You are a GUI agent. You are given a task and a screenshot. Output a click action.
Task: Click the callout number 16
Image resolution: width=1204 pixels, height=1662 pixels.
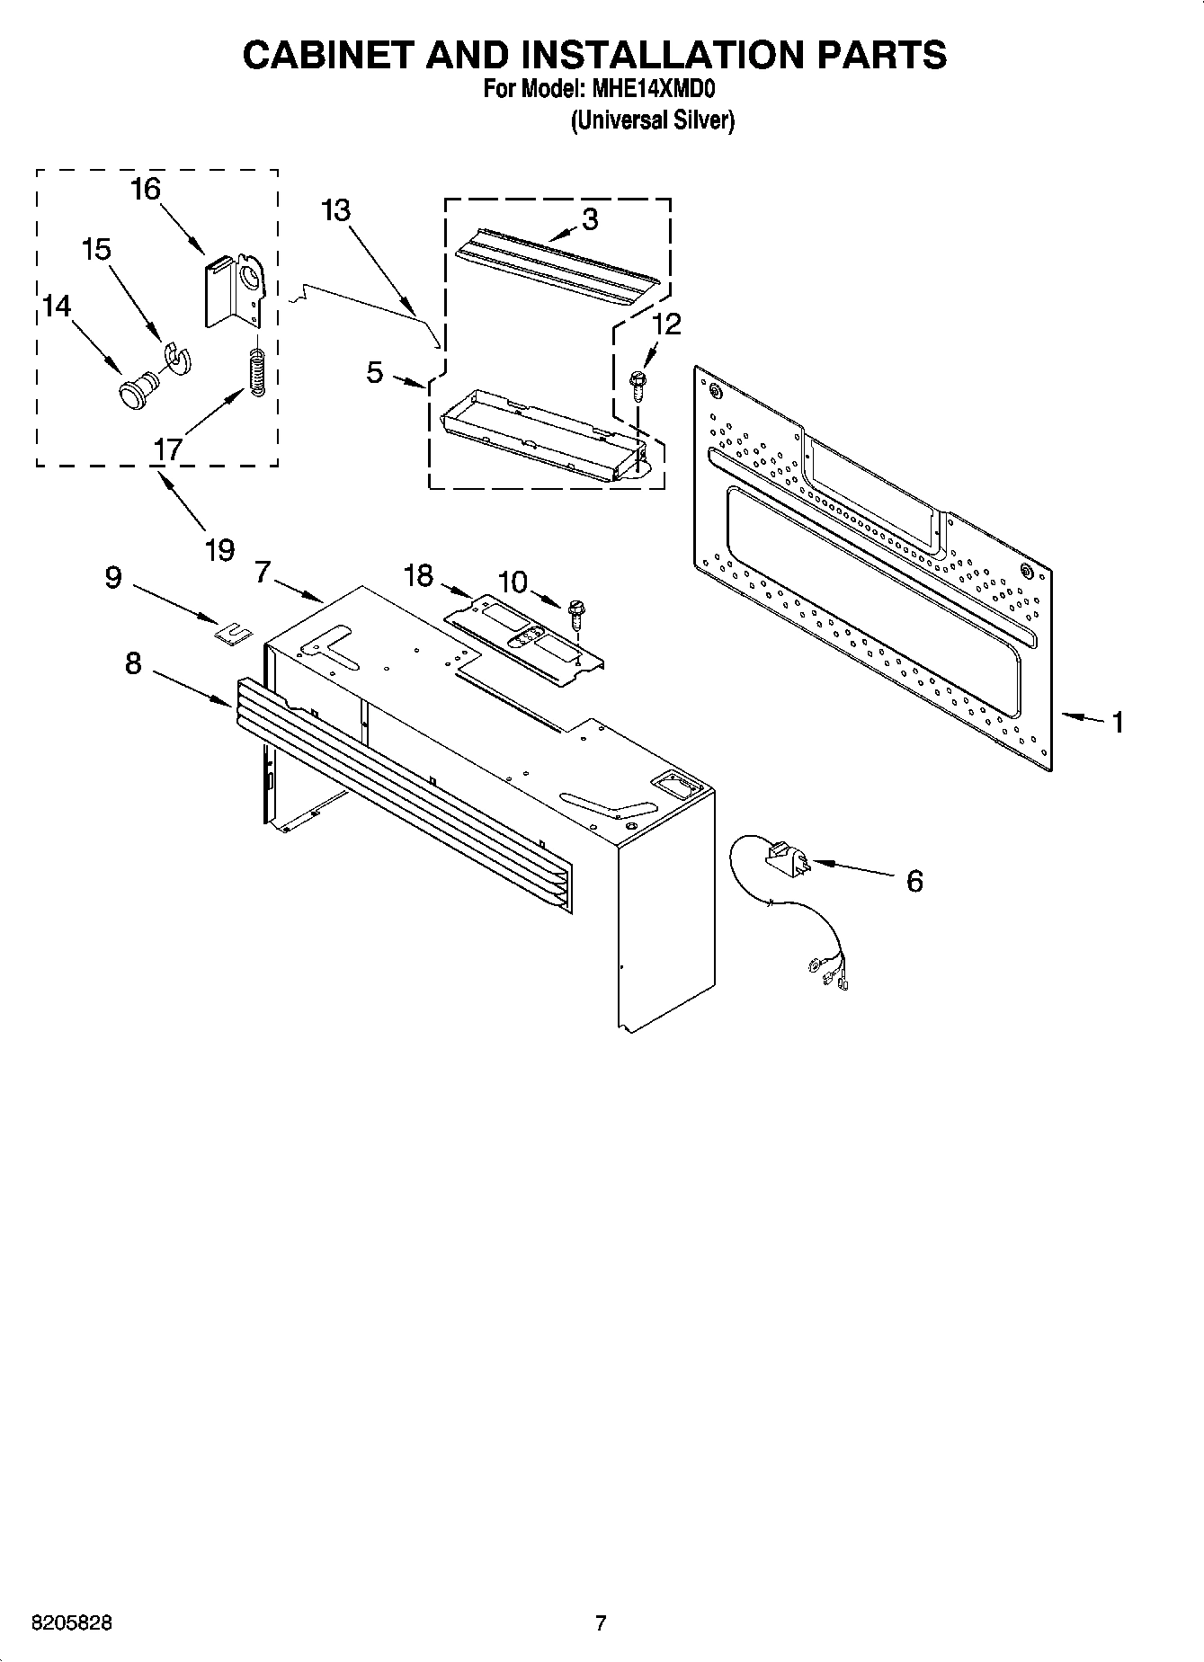coord(145,190)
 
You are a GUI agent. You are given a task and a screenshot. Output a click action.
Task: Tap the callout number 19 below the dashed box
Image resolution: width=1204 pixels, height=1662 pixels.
coord(219,549)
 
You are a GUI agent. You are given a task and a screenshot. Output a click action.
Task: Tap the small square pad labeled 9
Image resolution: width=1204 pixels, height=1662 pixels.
coord(233,634)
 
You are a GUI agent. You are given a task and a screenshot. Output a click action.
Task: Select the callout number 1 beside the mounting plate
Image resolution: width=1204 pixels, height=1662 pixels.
coord(1117,722)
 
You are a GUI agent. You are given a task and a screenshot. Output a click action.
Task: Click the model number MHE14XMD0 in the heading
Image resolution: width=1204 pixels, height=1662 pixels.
coord(652,89)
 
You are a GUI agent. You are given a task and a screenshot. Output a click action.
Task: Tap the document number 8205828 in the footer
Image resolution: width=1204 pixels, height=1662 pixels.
coord(72,1623)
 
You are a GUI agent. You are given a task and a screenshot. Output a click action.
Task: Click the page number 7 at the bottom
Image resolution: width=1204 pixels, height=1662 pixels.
coord(601,1623)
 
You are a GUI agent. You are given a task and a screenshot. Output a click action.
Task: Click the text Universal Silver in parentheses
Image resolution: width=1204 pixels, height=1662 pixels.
coord(654,120)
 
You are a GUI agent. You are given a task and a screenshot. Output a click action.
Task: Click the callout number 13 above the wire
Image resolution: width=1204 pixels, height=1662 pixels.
coord(335,210)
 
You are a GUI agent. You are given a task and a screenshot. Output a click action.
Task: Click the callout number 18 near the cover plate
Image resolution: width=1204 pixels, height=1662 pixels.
coord(418,574)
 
